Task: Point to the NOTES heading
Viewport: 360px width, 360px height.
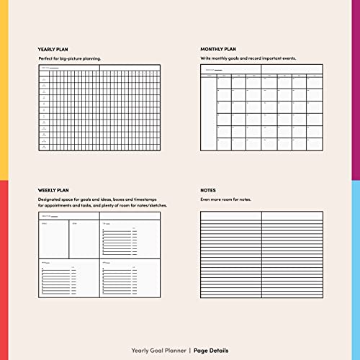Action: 207,190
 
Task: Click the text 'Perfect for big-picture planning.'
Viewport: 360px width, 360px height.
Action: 70,58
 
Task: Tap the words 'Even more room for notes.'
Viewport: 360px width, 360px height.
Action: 225,199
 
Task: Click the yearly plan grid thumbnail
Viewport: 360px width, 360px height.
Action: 100,108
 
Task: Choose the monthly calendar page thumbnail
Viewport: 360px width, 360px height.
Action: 261,108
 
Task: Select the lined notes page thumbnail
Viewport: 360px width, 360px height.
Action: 261,254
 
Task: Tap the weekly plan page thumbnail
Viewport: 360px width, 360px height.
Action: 100,254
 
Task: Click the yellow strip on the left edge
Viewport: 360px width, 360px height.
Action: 4,86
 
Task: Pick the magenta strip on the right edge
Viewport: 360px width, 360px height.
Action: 356,86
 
